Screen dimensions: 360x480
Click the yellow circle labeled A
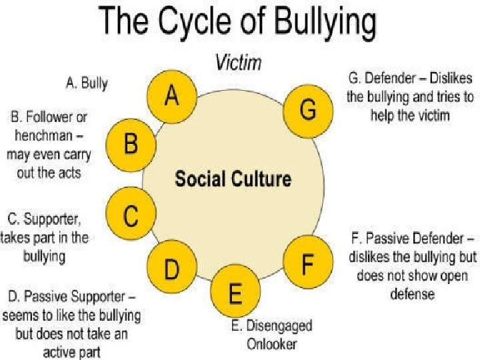coord(171,97)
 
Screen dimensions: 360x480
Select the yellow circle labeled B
coord(130,144)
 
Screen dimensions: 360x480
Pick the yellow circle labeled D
coord(171,269)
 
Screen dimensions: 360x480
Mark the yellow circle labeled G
coord(307,110)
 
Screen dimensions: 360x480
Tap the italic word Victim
coord(238,64)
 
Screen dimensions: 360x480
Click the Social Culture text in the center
coord(233,179)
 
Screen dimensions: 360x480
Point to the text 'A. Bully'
coord(87,84)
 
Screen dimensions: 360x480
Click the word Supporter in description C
coord(57,219)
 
